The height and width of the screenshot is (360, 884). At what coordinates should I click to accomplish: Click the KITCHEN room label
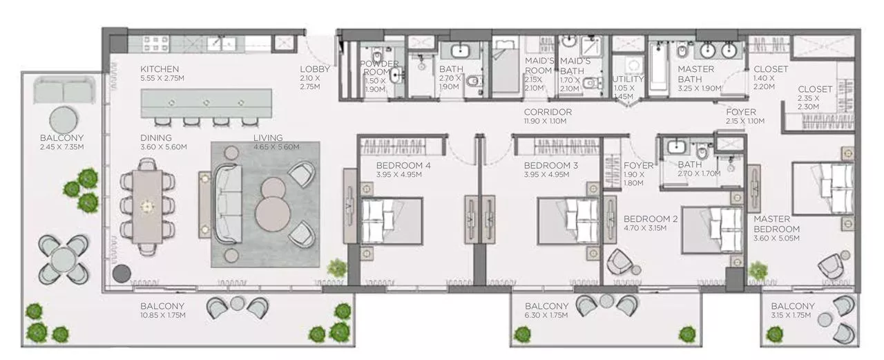pyautogui.click(x=160, y=69)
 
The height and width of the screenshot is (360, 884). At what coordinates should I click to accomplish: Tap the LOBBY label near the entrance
pyautogui.click(x=315, y=69)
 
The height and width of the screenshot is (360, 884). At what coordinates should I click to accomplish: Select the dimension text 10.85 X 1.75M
pyautogui.click(x=163, y=315)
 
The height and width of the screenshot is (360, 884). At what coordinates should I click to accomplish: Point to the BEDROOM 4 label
pyautogui.click(x=403, y=166)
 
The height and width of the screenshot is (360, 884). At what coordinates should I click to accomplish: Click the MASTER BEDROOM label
pyautogui.click(x=776, y=225)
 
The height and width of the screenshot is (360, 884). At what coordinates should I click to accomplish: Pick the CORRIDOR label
pyautogui.click(x=548, y=112)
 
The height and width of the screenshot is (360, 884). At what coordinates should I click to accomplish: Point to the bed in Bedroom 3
pyautogui.click(x=568, y=220)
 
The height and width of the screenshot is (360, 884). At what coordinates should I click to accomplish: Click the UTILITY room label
pyautogui.click(x=628, y=79)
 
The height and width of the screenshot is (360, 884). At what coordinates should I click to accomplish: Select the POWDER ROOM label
pyautogui.click(x=379, y=68)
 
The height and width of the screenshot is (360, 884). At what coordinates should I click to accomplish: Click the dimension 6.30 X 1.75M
pyautogui.click(x=546, y=315)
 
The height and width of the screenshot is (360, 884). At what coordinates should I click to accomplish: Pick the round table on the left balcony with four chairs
pyautogui.click(x=63, y=259)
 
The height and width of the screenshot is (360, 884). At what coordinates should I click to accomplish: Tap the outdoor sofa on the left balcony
pyautogui.click(x=63, y=91)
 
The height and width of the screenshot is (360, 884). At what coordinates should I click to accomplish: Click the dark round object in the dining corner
pyautogui.click(x=122, y=273)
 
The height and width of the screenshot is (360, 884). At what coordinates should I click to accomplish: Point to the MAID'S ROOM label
pyautogui.click(x=539, y=66)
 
